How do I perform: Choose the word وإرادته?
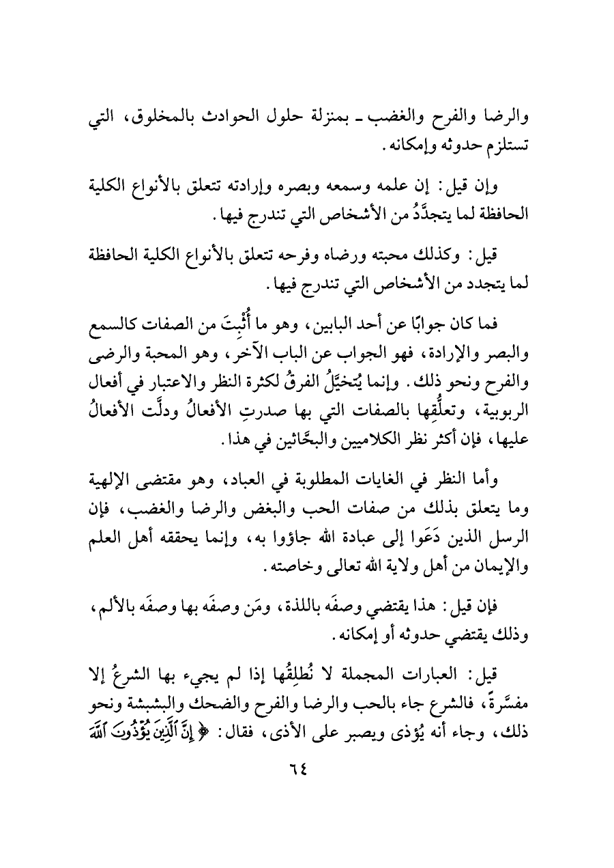281,186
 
